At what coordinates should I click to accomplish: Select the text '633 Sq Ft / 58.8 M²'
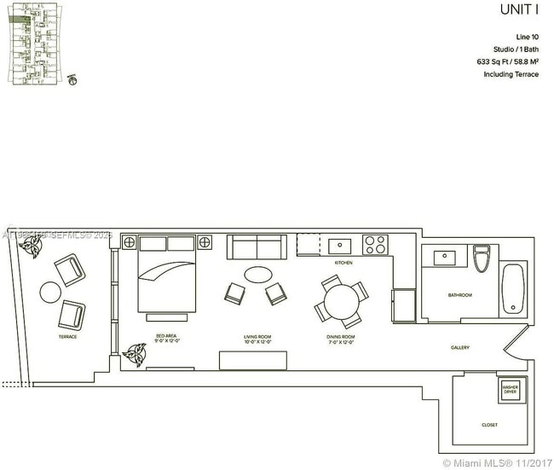(x=507, y=62)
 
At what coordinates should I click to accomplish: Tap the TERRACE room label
(x=67, y=337)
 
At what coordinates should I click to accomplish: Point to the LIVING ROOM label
(x=257, y=339)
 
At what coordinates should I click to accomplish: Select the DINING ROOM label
(x=340, y=339)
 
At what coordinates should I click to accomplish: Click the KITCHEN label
(x=343, y=263)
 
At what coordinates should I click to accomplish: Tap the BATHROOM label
(x=459, y=295)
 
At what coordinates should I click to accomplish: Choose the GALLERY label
(x=461, y=348)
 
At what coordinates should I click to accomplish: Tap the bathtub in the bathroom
(x=512, y=289)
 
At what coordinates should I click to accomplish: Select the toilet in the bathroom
(x=482, y=258)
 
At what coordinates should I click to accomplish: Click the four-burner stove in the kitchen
(x=375, y=245)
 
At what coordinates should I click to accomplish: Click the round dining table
(x=343, y=301)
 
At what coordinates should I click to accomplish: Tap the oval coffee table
(x=258, y=275)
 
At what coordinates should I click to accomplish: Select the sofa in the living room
(x=257, y=247)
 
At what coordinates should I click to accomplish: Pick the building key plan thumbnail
(x=39, y=43)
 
